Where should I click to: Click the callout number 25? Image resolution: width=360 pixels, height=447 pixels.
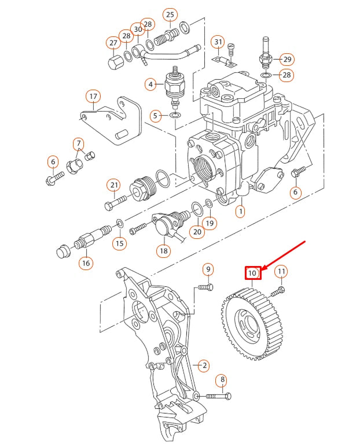170,15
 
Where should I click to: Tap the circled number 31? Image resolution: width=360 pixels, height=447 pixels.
218,42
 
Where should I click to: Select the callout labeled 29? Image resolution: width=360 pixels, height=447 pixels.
286,60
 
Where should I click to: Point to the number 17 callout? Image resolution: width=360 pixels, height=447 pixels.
93,97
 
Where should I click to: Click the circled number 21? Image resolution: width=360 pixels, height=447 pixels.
114,185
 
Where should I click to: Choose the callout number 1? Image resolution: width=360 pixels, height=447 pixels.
240,211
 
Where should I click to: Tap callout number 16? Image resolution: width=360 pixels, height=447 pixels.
86,263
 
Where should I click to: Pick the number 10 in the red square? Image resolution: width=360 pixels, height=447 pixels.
253,273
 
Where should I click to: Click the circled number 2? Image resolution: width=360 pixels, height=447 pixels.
204,365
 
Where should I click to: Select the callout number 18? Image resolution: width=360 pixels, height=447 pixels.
164,250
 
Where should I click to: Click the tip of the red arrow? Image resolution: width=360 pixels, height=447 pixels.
262,269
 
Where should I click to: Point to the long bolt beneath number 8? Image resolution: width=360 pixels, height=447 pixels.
218,396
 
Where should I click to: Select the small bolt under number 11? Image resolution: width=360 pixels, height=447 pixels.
277,291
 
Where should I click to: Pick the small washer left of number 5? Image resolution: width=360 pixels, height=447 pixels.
175,116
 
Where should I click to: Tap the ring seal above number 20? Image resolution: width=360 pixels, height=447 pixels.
197,210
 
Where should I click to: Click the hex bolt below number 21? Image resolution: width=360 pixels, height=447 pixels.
115,202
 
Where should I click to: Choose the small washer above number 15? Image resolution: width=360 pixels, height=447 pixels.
120,223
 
